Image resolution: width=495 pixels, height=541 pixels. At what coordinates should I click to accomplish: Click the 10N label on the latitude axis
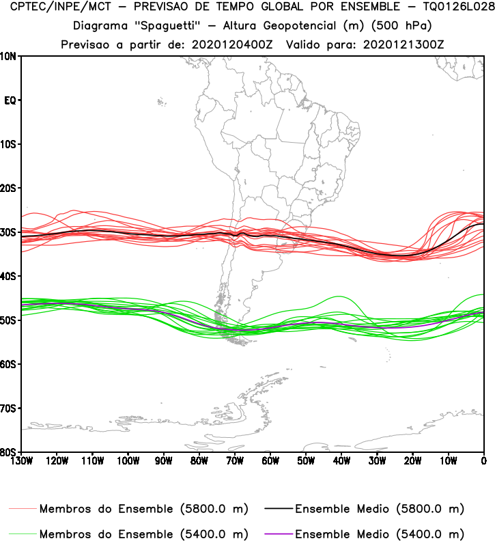point(10,56)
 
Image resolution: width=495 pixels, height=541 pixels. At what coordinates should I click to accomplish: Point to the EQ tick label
point(10,100)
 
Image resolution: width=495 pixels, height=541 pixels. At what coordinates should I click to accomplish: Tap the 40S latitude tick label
point(10,276)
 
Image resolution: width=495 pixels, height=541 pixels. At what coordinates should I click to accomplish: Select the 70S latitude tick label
point(10,408)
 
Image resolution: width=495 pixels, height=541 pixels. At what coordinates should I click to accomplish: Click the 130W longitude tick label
point(21,460)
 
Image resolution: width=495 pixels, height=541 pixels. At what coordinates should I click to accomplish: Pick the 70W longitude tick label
point(235,460)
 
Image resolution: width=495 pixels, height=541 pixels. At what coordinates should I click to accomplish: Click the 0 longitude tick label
point(483,460)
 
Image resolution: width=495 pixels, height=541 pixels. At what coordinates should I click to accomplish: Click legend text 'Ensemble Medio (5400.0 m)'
point(380,533)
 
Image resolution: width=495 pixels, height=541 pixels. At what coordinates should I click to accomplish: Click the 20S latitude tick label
point(10,188)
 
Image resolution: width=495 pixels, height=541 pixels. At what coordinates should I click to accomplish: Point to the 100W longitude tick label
point(128,460)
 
